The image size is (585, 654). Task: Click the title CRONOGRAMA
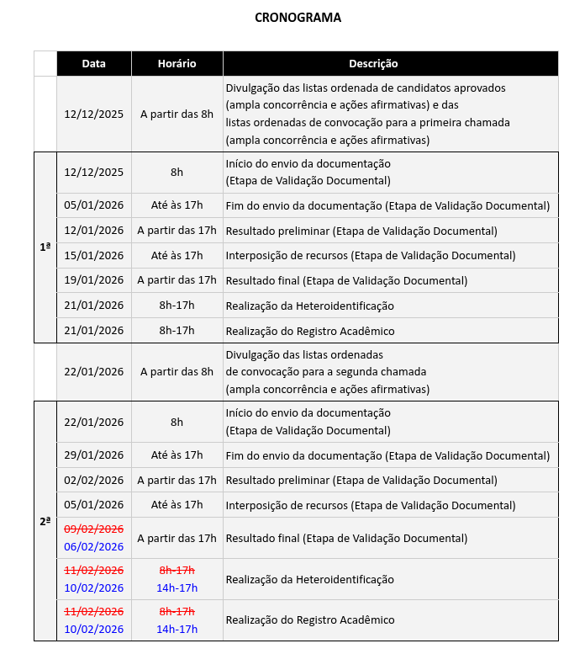pos(298,18)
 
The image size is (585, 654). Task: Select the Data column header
pos(93,64)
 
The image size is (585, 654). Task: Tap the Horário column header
pos(177,64)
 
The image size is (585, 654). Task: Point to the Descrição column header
pos(373,64)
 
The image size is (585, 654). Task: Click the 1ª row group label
pos(45,247)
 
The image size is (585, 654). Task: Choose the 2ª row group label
pos(45,521)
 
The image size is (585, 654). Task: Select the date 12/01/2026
pos(93,231)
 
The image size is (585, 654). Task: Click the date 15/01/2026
pos(93,255)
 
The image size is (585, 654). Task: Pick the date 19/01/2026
pos(93,280)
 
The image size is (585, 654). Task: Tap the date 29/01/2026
pos(93,455)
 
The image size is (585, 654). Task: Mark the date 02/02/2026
pos(93,480)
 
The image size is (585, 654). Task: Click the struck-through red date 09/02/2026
pos(93,529)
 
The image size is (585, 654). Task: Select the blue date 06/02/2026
pos(93,546)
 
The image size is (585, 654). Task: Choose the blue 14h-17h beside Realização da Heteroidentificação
pos(177,588)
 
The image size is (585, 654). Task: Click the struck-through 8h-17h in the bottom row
pos(177,611)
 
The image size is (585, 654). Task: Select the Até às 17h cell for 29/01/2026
pos(177,455)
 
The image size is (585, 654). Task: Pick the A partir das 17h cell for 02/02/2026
pos(177,480)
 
